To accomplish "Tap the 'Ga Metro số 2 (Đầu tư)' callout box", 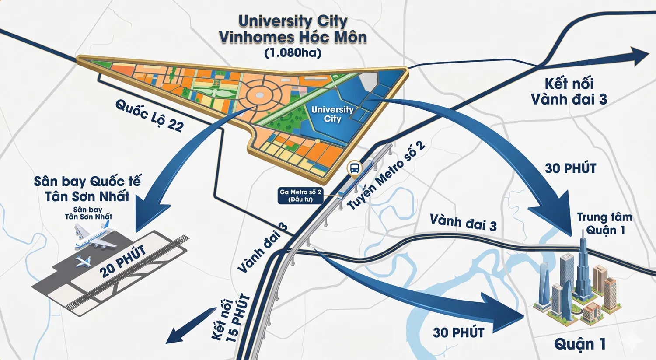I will point(300,196).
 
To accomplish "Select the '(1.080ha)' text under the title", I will point(293,53).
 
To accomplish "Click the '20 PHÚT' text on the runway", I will point(122,262).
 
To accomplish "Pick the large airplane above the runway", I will point(93,237).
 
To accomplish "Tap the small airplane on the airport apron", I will point(83,261).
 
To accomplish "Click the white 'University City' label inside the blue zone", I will point(332,114).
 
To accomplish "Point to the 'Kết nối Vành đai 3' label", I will point(569,91).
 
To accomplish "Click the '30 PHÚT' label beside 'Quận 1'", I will point(458,332).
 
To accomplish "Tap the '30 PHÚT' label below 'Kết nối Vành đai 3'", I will point(570,168).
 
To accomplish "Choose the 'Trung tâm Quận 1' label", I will point(605,223).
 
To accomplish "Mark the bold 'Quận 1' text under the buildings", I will point(580,344).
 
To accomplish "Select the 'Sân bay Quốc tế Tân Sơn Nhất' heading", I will point(87,189).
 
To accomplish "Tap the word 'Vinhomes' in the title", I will point(266,37).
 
